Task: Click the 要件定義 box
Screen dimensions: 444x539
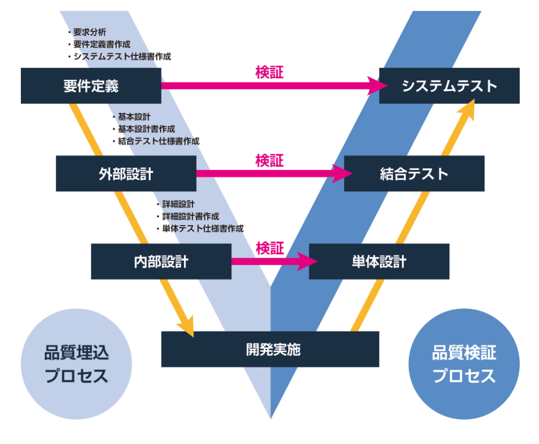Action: (91, 85)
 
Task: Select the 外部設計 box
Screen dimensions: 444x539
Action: (126, 173)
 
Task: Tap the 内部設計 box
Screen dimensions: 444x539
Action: (161, 261)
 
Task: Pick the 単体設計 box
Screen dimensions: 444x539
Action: (379, 261)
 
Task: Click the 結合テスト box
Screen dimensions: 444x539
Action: (414, 173)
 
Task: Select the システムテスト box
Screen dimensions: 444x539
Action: (449, 85)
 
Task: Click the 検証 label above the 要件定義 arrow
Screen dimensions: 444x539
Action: (269, 72)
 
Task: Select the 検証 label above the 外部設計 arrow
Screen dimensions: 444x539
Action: (269, 161)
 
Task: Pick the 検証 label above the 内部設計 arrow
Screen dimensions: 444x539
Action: (269, 248)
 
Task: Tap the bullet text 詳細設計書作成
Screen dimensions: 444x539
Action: (190, 216)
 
